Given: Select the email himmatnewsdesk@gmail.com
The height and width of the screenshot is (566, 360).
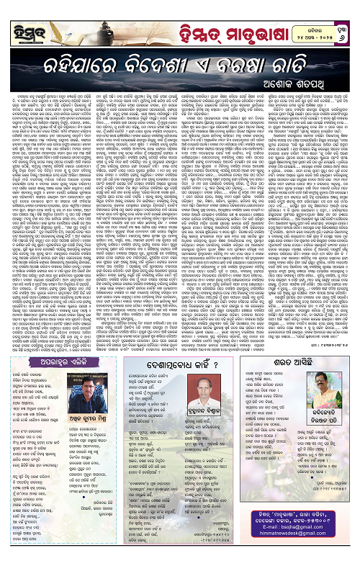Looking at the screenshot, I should (295, 550).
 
